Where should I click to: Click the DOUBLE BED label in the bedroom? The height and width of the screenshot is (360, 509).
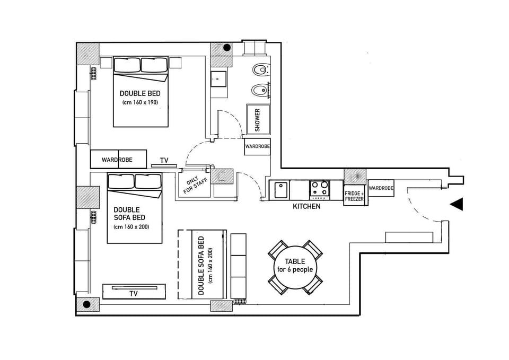[x=140, y=93]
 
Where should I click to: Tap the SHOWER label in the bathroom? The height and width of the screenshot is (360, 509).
[x=258, y=120]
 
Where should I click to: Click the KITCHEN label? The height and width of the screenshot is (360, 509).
[x=306, y=206]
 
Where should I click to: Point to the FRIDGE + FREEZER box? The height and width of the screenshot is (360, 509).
[x=354, y=196]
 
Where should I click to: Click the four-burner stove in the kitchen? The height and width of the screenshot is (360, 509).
[x=319, y=188]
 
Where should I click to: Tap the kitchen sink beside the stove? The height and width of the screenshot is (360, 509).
[x=280, y=189]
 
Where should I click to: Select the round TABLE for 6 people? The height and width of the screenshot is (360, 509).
[x=295, y=265]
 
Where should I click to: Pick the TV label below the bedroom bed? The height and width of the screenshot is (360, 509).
[x=164, y=160]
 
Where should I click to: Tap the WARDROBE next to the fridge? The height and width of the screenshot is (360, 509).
[x=381, y=188]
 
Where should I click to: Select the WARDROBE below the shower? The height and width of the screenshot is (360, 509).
[x=257, y=146]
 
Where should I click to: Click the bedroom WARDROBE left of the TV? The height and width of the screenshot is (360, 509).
[x=117, y=159]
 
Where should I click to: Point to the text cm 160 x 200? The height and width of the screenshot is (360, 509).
[x=131, y=227]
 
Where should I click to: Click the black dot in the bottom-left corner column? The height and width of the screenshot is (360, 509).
[x=87, y=304]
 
